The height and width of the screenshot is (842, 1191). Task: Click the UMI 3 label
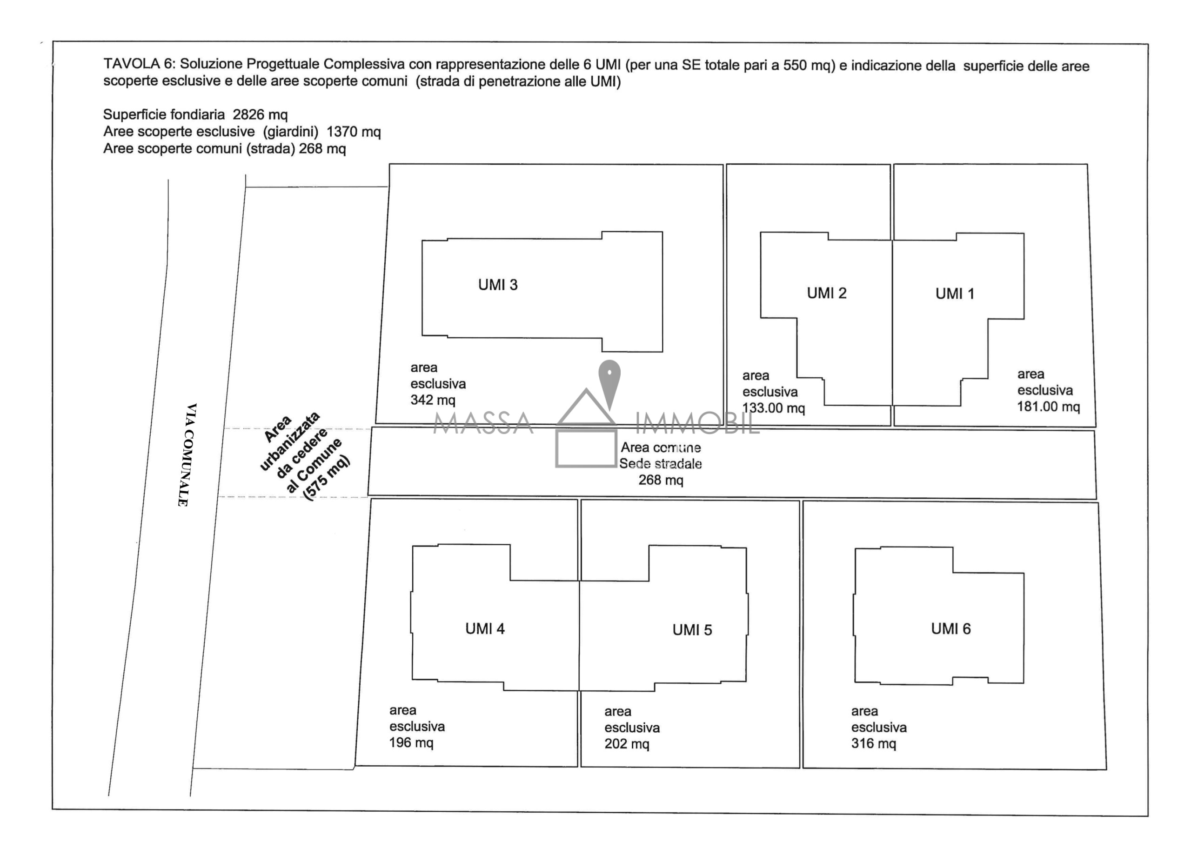pyautogui.click(x=497, y=285)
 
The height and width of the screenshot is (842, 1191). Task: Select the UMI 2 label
pyautogui.click(x=826, y=293)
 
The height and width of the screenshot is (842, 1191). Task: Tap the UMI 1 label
pyautogui.click(x=955, y=294)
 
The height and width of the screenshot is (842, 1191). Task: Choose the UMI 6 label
pyautogui.click(x=950, y=629)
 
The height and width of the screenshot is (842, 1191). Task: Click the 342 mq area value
pyautogui.click(x=433, y=400)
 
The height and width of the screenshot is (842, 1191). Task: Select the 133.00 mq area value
pyautogui.click(x=773, y=408)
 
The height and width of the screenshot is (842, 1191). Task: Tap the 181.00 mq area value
pyautogui.click(x=1048, y=407)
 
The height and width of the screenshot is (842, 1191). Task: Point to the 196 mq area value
pyautogui.click(x=411, y=743)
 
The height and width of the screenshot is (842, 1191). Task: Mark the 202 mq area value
pyautogui.click(x=627, y=744)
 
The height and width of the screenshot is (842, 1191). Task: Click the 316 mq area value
pyautogui.click(x=874, y=743)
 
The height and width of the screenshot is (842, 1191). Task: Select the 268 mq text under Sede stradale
pyautogui.click(x=660, y=481)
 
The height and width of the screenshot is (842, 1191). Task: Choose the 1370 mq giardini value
pyautogui.click(x=354, y=132)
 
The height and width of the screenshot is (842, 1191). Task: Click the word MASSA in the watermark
pyautogui.click(x=483, y=423)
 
